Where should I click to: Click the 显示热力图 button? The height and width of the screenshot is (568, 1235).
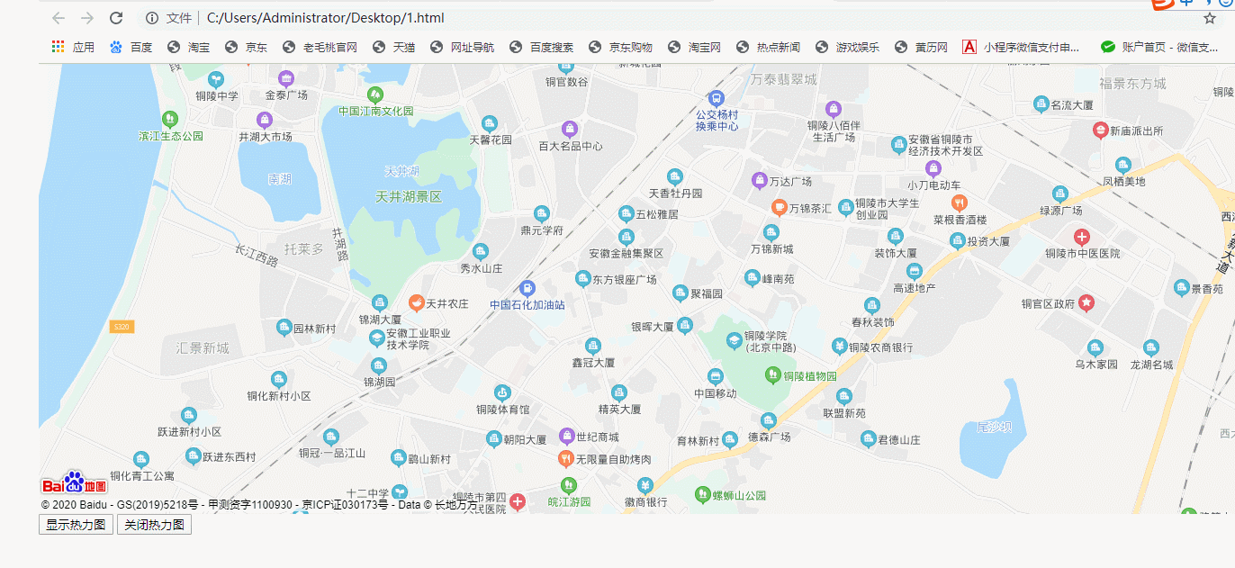(76, 525)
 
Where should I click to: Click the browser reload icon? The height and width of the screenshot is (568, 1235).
(116, 18)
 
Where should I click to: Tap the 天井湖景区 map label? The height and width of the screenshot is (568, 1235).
(409, 196)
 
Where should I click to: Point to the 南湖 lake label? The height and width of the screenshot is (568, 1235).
(279, 179)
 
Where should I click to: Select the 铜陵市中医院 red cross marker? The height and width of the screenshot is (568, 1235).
(1082, 238)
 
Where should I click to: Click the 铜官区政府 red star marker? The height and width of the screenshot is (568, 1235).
(1086, 302)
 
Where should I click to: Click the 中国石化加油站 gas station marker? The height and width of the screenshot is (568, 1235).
(527, 288)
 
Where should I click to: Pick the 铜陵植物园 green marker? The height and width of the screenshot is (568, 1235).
(771, 374)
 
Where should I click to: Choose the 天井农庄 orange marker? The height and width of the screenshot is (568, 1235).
(416, 303)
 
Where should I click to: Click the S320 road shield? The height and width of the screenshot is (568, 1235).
(122, 327)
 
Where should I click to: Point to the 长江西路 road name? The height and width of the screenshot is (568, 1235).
(257, 256)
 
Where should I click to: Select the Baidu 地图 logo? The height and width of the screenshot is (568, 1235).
(74, 484)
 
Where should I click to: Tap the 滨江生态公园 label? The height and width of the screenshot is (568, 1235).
(171, 136)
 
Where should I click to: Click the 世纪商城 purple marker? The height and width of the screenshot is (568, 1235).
(566, 437)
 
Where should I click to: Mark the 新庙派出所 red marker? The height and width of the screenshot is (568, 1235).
(1100, 130)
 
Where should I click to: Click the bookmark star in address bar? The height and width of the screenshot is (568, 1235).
(1210, 18)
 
